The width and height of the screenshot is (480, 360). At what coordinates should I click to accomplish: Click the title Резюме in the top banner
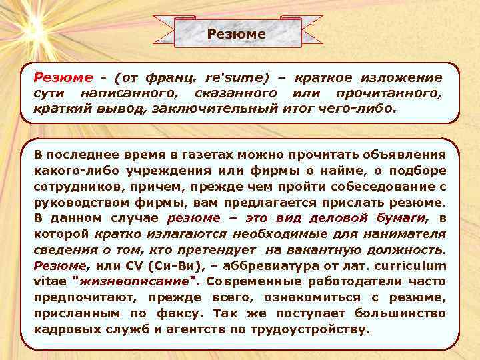coord(236,33)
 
